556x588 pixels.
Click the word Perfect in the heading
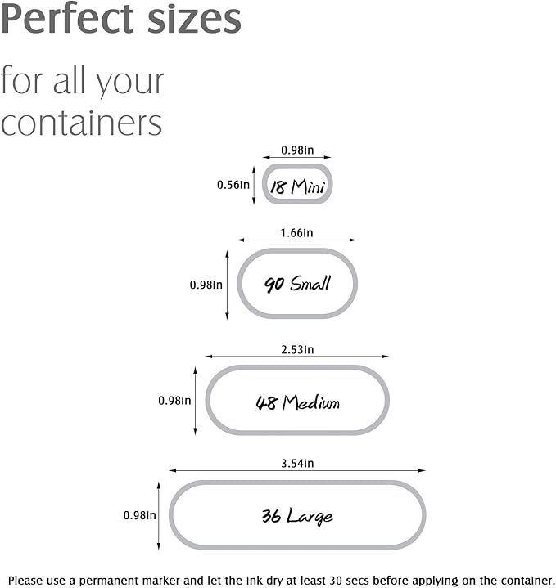click(x=67, y=18)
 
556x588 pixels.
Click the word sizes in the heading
click(x=194, y=19)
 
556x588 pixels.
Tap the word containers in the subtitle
click(x=81, y=123)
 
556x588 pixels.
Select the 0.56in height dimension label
click(x=233, y=185)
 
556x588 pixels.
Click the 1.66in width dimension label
click(x=296, y=233)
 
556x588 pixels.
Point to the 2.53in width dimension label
click(x=297, y=349)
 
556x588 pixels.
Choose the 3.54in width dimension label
click(x=297, y=464)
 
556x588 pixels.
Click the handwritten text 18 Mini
click(x=297, y=186)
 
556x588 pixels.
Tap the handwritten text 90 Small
click(x=297, y=283)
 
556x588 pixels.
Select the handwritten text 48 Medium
click(x=297, y=402)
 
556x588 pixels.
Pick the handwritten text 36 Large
click(x=297, y=516)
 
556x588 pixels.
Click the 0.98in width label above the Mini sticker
click(x=297, y=150)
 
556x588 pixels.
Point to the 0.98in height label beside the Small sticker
click(x=206, y=285)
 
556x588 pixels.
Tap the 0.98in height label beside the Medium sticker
click(x=174, y=401)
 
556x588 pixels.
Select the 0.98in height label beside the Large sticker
click(x=140, y=515)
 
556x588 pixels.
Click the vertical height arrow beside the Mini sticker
click(x=254, y=186)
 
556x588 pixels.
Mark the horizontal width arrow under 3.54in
click(x=297, y=470)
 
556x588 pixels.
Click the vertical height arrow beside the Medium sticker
click(x=195, y=401)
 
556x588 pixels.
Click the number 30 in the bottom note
click(x=337, y=581)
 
